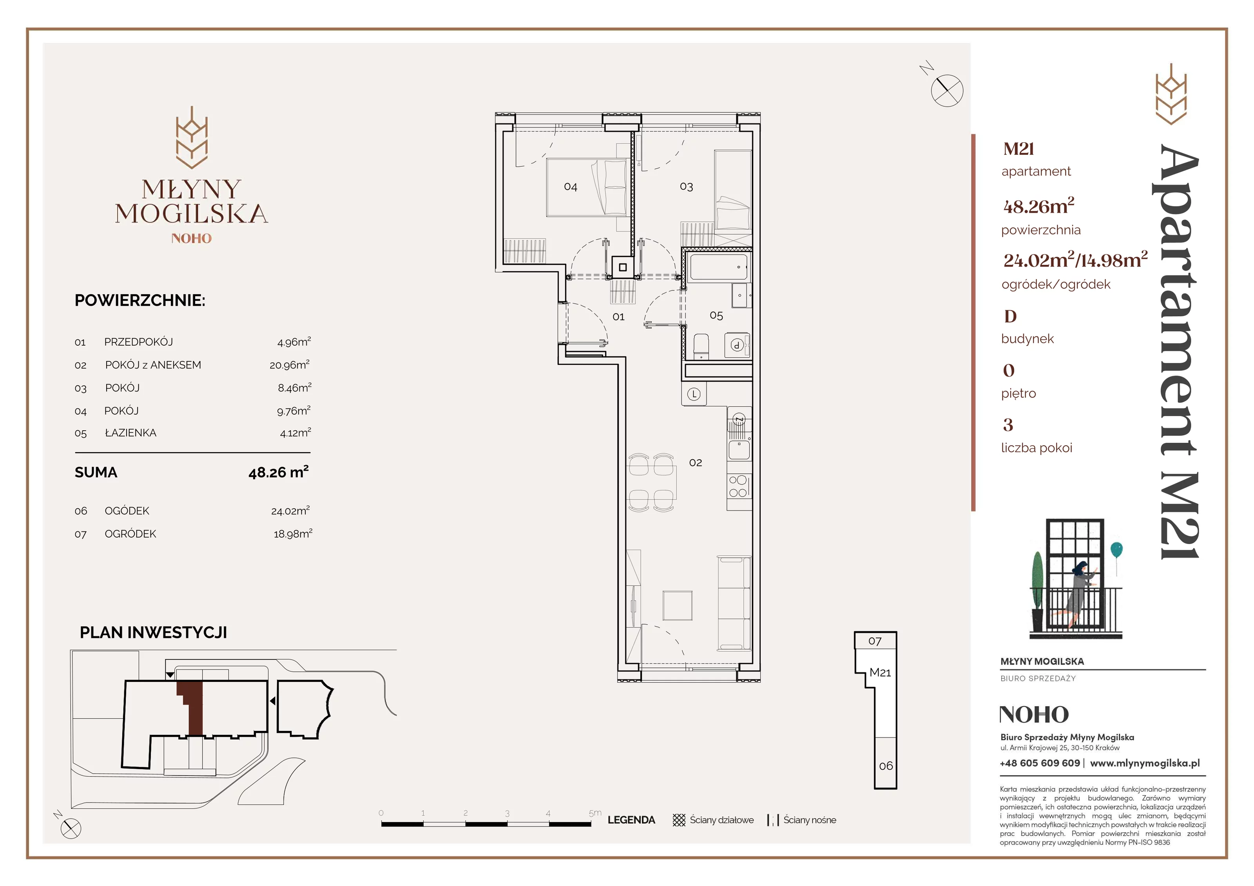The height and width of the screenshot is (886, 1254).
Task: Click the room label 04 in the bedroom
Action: point(570,187)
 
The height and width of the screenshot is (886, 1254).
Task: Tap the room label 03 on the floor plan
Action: point(686,187)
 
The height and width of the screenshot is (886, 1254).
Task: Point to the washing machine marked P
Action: point(738,345)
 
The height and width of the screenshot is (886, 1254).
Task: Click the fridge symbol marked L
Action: point(694,394)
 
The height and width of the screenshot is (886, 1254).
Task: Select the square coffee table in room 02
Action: point(677,605)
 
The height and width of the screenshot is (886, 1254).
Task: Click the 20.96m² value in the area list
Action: point(290,364)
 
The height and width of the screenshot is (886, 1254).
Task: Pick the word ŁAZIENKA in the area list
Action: point(130,433)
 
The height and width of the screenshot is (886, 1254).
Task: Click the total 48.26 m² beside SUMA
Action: point(279,472)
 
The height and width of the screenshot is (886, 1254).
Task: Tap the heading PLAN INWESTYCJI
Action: point(154,632)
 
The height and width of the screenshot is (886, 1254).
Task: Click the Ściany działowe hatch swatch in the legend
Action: point(679,820)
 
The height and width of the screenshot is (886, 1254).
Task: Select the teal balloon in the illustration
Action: point(1116,549)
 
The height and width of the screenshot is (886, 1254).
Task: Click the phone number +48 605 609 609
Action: point(1040,763)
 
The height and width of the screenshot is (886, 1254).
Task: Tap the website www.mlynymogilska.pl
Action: point(1145,763)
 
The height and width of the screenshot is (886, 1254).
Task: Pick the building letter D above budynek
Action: point(1010,316)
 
